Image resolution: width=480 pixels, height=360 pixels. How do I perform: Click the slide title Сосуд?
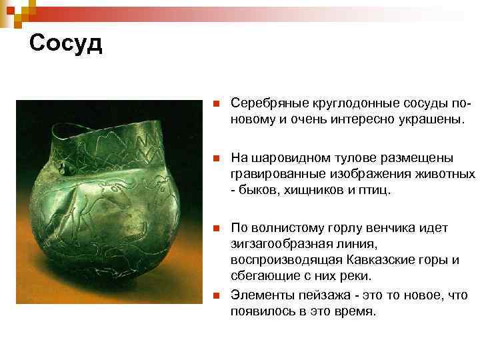[66, 43]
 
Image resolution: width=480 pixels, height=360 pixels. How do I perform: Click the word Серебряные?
[263, 104]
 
